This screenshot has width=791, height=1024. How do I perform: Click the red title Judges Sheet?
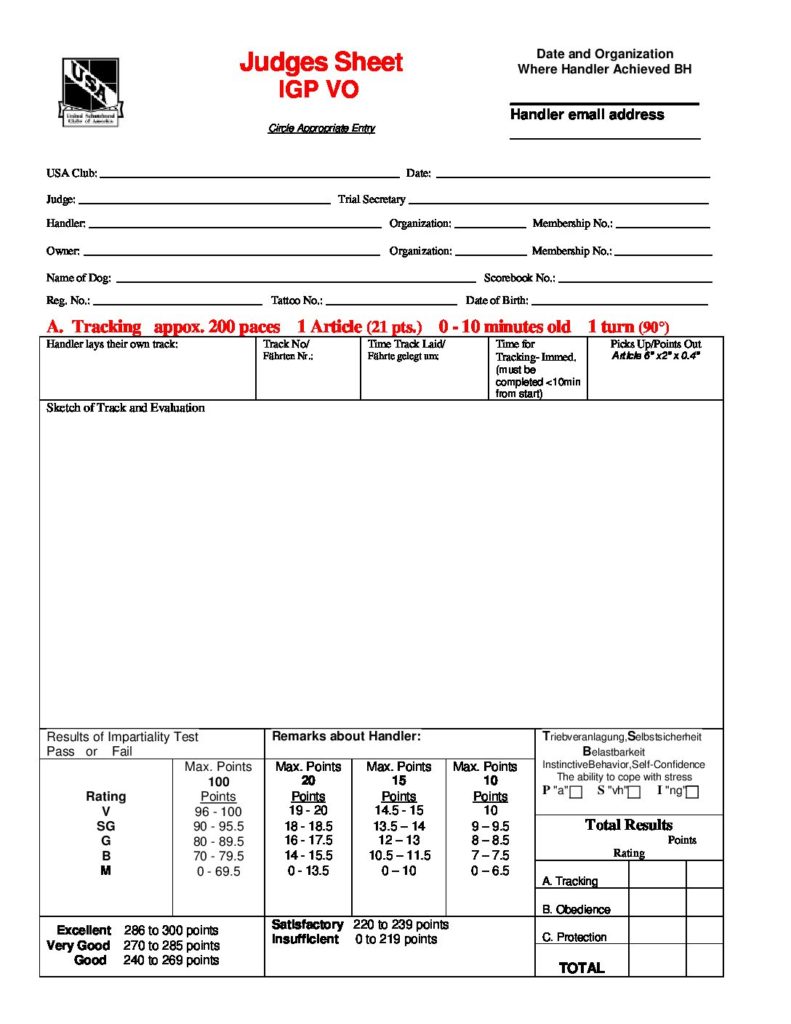320,63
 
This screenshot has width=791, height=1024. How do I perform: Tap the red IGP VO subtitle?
318,90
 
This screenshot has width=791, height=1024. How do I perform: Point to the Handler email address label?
587,114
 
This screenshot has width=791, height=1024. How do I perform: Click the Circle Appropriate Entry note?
321,128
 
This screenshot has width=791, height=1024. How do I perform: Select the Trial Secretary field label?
371,199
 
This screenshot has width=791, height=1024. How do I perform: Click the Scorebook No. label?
519,277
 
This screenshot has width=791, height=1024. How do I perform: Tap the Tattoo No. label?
297,300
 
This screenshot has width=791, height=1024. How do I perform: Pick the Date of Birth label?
497,300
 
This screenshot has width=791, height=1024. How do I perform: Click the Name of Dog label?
78,277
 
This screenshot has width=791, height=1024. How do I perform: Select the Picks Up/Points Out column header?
656,344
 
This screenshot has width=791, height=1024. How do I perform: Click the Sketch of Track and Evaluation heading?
125,408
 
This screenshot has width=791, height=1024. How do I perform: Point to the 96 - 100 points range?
218,812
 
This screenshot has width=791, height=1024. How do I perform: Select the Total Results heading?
628,825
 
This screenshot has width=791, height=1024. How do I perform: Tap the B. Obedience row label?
576,909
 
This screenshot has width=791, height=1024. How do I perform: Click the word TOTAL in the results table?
581,967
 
